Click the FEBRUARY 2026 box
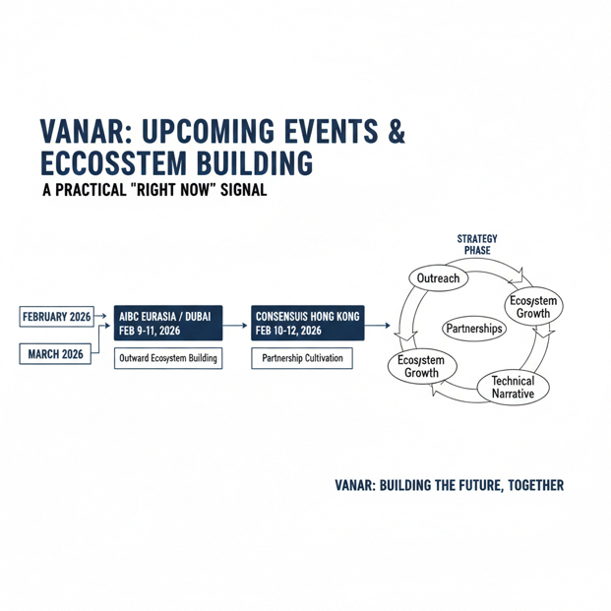tap(56, 317)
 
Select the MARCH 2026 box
tap(56, 354)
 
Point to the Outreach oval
tap(439, 278)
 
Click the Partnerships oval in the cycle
tap(474, 329)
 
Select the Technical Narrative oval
tap(513, 388)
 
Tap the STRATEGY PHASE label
tap(477, 245)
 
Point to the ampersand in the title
tap(397, 134)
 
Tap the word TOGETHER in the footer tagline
tap(532, 486)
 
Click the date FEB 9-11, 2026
tap(157, 331)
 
